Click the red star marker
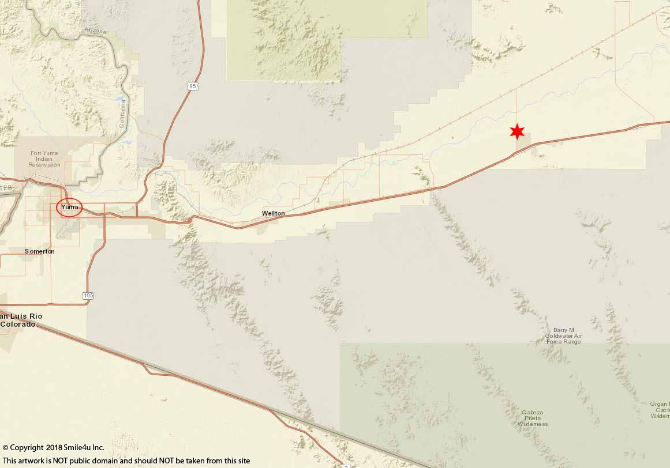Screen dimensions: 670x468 (x=517, y=131)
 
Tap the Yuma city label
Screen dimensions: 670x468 (x=69, y=207)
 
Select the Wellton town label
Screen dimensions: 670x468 (x=273, y=213)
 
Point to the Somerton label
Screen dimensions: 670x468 (x=40, y=251)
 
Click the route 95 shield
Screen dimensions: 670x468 (x=192, y=86)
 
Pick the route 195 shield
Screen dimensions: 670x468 (x=87, y=296)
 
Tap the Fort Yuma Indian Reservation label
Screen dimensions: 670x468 (x=45, y=158)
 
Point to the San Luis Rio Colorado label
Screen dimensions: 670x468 (x=21, y=320)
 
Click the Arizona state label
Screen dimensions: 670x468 (x=95, y=31)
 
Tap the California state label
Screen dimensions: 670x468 (x=122, y=114)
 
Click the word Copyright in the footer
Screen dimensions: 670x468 (x=27, y=447)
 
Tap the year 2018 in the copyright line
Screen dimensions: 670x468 (x=55, y=447)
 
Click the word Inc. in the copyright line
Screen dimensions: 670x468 (x=98, y=447)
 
